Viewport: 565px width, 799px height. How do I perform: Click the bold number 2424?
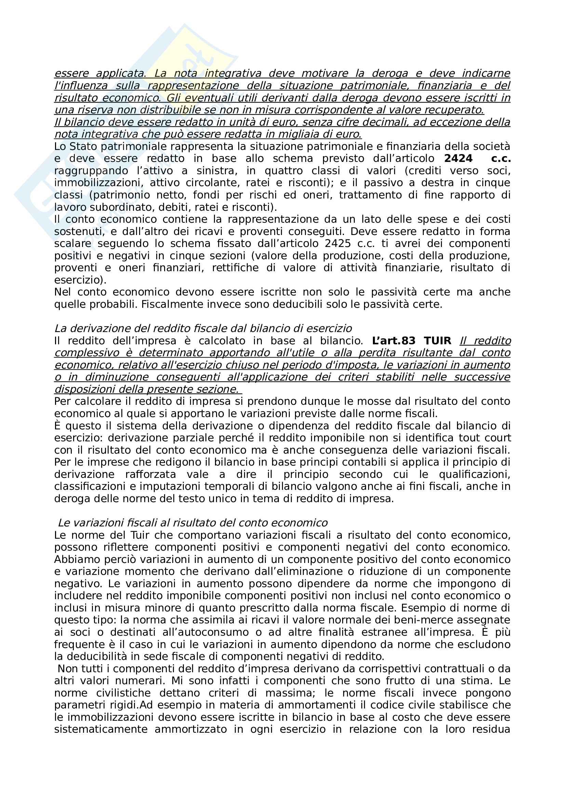[458, 159]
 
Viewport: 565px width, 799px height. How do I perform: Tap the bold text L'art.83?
[393, 341]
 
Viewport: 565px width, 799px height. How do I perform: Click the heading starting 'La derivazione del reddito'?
[203, 329]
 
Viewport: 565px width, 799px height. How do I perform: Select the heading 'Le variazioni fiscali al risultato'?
[193, 523]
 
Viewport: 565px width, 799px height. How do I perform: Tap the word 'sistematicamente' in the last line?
[100, 729]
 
